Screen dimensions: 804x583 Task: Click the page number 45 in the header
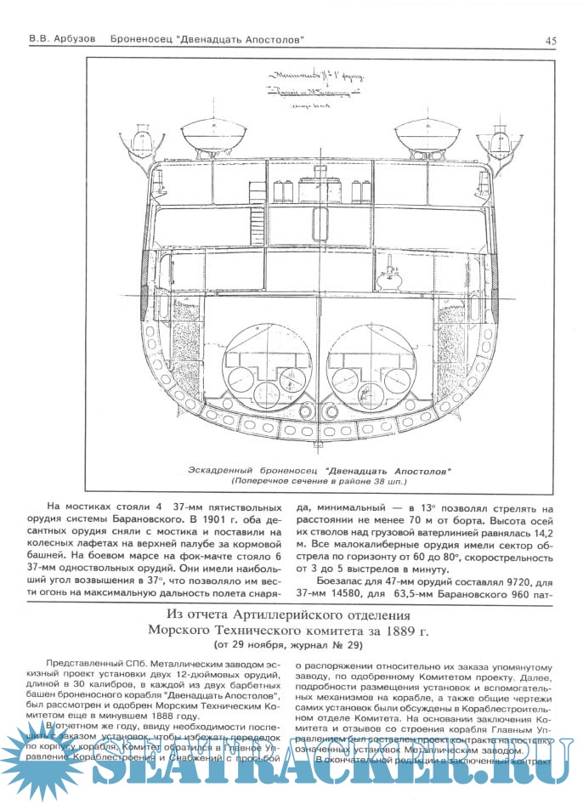point(551,40)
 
